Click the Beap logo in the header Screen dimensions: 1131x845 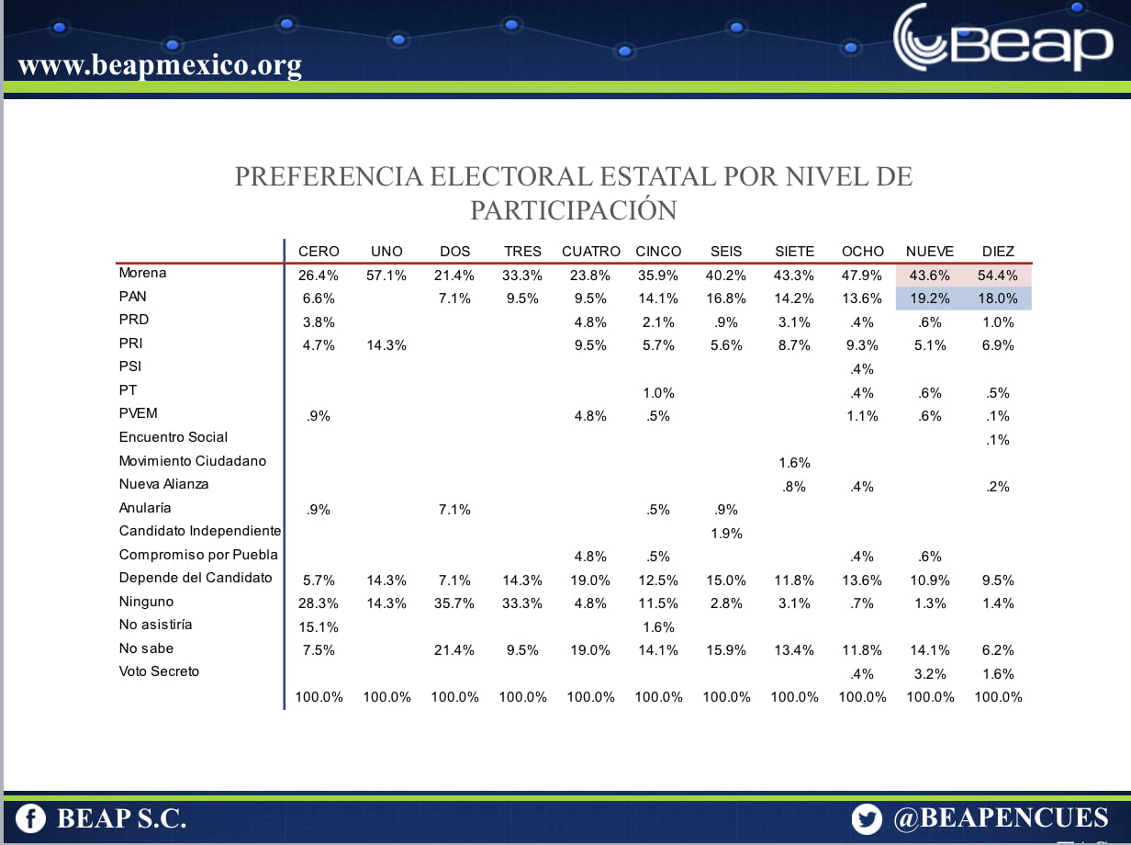coord(1002,39)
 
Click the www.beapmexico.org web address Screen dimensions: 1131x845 coord(160,66)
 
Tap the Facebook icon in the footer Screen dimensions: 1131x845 coord(30,818)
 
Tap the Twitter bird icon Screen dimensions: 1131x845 coord(867,818)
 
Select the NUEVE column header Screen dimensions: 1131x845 coord(930,251)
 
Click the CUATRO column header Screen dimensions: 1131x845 coord(590,251)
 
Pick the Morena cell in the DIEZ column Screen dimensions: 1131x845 coord(998,276)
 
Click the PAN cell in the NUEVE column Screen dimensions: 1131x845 coord(930,299)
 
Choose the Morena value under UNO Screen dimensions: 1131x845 coord(386,276)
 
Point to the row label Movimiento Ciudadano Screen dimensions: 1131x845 coord(192,460)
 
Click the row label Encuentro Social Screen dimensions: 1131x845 coord(174,436)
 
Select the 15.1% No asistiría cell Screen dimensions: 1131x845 coord(319,627)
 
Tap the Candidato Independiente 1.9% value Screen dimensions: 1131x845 coord(726,533)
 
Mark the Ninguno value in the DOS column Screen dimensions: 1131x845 coord(454,603)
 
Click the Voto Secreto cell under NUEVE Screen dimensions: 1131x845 coord(930,674)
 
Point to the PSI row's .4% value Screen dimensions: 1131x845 coord(862,369)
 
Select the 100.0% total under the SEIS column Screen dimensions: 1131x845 coord(726,697)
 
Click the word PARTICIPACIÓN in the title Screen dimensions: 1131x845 coord(573,210)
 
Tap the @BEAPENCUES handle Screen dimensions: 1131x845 coord(1001,818)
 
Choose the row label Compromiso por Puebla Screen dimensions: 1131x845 coord(198,554)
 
